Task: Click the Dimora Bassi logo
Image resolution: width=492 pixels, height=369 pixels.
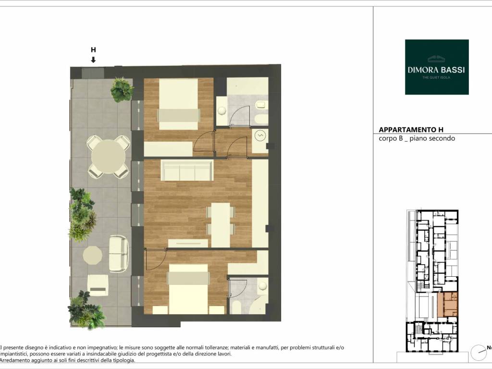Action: (437, 67)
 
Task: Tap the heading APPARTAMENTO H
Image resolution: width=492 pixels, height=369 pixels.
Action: (411, 130)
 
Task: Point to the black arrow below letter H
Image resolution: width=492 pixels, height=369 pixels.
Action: (93, 60)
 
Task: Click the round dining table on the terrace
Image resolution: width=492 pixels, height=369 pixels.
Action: (109, 157)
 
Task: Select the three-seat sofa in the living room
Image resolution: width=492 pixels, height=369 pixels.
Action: (187, 171)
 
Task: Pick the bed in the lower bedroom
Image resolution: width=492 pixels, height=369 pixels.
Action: (188, 289)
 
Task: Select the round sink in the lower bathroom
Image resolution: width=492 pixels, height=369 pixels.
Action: (262, 285)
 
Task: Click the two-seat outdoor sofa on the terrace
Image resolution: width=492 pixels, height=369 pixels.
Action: (119, 254)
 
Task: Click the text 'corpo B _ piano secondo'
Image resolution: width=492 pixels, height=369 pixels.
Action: (417, 138)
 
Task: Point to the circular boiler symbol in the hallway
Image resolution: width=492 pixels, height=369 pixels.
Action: (260, 135)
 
